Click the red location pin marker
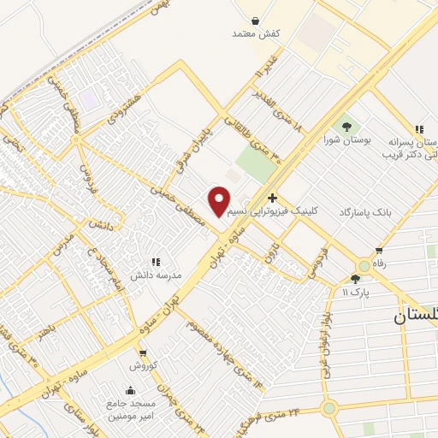pyautogui.click(x=220, y=200)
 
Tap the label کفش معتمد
pyautogui.click(x=257, y=33)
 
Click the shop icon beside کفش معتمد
pyautogui.click(x=257, y=18)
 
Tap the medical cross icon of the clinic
pyautogui.click(x=272, y=198)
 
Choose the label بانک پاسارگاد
pyautogui.click(x=370, y=211)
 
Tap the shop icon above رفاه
pyautogui.click(x=379, y=251)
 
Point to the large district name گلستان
pyautogui.click(x=415, y=316)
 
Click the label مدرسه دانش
pyautogui.click(x=154, y=275)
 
